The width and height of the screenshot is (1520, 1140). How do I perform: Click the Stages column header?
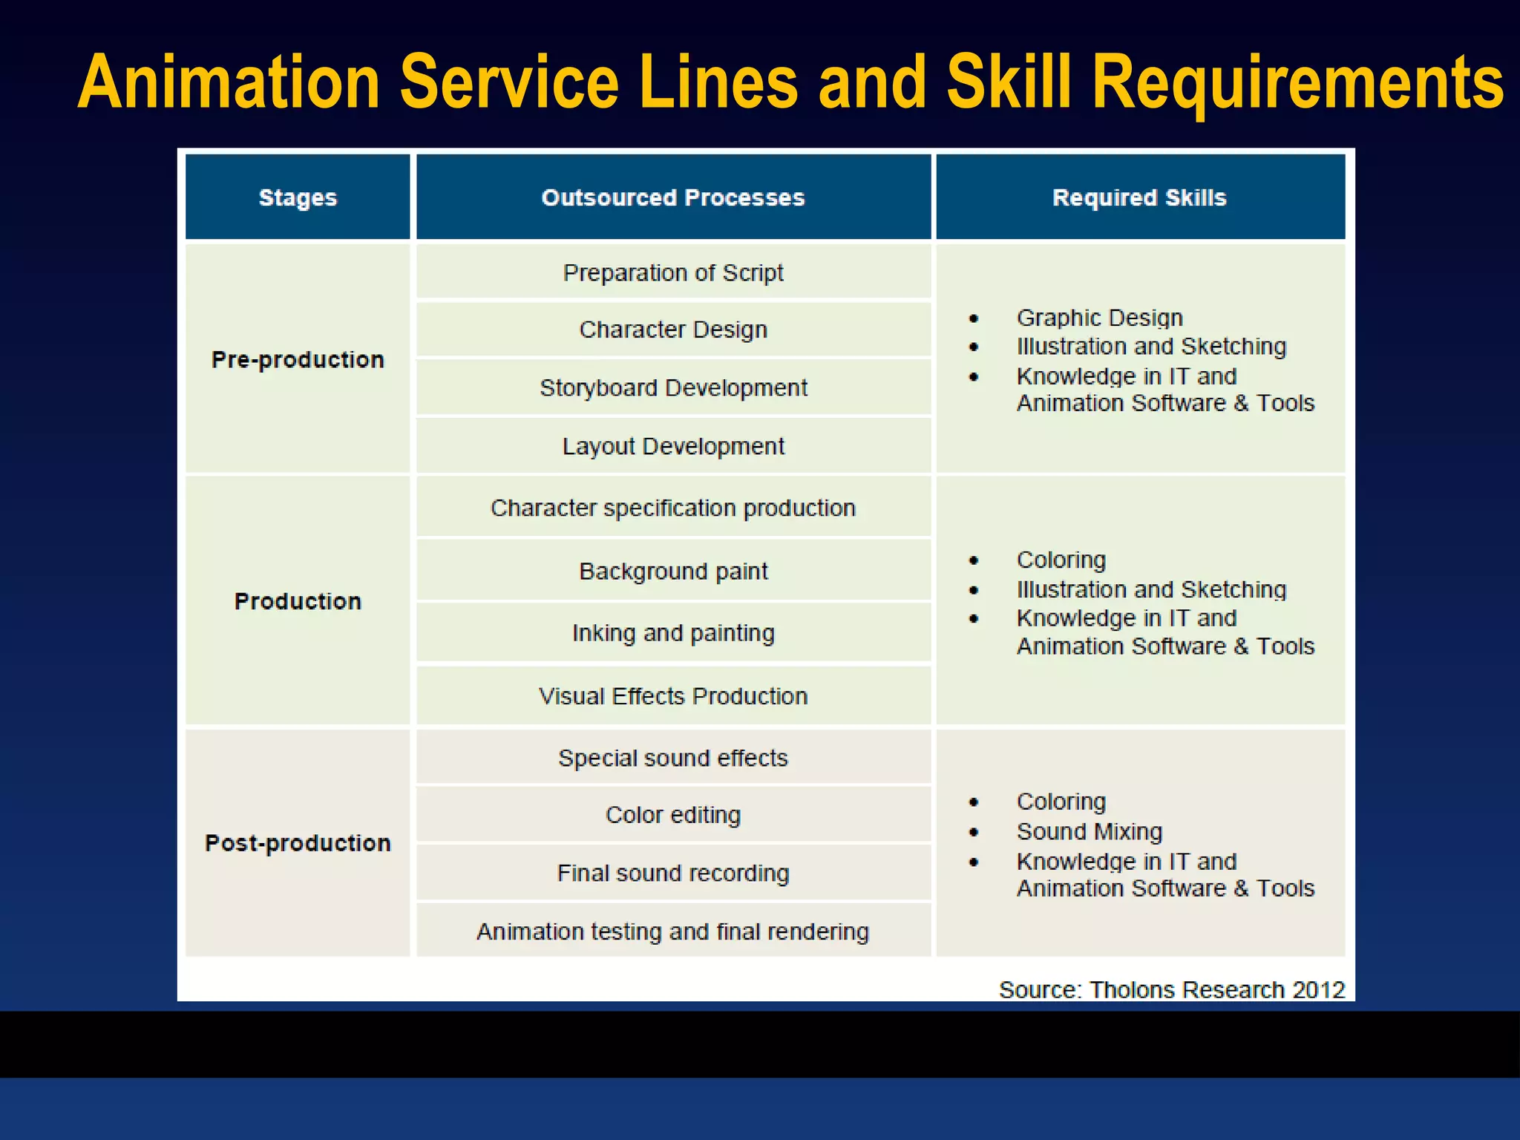tap(298, 197)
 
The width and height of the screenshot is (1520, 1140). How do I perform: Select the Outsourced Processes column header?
tap(673, 197)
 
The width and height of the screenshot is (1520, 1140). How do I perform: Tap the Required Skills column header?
tap(1139, 197)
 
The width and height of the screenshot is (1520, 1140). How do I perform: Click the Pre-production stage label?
tap(298, 360)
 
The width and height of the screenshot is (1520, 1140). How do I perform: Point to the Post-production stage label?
tap(298, 843)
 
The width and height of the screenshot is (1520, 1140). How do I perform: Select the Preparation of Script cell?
tap(673, 273)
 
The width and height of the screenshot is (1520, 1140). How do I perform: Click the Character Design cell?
tap(673, 330)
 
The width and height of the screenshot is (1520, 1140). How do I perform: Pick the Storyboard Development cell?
tap(673, 388)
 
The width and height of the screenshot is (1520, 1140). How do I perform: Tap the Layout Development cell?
tap(673, 446)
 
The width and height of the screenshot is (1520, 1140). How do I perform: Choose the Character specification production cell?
tap(673, 508)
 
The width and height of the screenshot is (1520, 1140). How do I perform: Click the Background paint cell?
tap(673, 571)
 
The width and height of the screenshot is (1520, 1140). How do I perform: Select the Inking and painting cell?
tap(673, 633)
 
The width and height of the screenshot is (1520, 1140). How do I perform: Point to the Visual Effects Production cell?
tap(673, 696)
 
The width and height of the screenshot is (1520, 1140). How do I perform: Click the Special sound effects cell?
tap(673, 758)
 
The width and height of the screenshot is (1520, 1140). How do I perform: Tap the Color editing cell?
tap(673, 815)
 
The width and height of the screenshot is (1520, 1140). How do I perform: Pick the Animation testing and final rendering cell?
tap(673, 931)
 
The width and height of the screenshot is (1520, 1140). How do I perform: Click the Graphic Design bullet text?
tap(1099, 318)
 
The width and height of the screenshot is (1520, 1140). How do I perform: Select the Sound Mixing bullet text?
tap(1089, 832)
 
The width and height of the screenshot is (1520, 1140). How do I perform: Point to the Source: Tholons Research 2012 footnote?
tap(1171, 989)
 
